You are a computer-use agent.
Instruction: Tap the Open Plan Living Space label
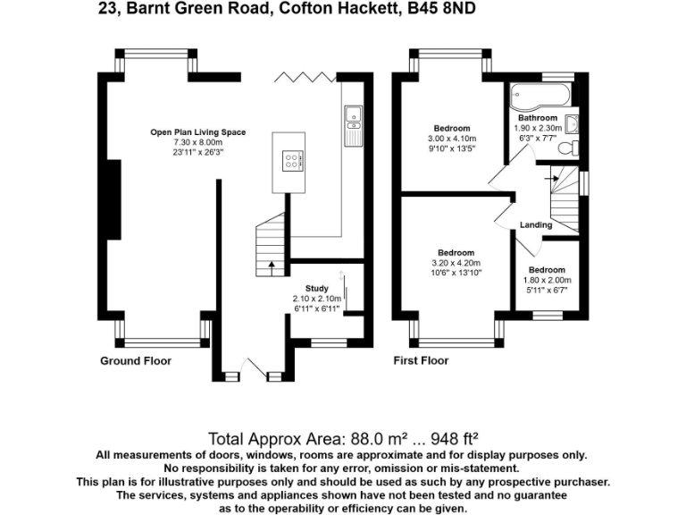point(197,132)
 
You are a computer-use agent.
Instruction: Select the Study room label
point(317,287)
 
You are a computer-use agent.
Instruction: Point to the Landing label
point(537,225)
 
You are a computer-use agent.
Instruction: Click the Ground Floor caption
point(135,361)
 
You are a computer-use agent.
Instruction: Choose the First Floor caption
point(422,361)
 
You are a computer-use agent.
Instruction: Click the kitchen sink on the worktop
point(352,114)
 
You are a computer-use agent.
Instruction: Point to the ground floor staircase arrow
point(271,266)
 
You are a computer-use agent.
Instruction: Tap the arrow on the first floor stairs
point(555,178)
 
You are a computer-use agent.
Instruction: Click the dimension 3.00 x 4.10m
point(453,139)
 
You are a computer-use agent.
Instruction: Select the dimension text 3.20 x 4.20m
point(456,263)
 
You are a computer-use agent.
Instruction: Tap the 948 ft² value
point(455,439)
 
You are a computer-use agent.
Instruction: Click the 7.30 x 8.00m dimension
point(197,142)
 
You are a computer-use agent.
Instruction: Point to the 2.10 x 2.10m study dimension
point(317,298)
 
